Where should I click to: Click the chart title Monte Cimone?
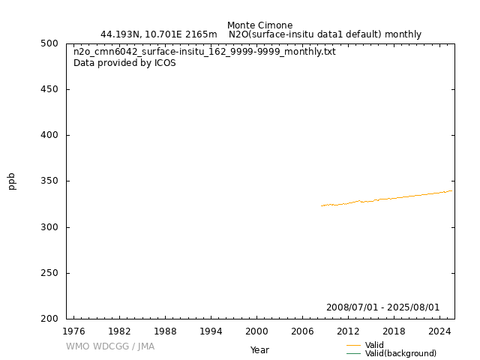[259, 25]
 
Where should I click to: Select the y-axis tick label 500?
[50, 43]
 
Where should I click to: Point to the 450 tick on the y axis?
[50, 89]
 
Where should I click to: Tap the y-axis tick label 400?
[50, 135]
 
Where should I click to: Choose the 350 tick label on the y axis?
[50, 181]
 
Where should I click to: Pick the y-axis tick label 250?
[50, 273]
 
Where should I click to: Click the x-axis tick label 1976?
[73, 331]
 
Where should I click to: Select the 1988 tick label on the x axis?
[165, 331]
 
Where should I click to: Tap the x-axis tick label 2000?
[256, 331]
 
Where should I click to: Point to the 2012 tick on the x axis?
[348, 331]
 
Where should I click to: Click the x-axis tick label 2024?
[439, 331]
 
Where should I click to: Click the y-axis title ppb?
[12, 181]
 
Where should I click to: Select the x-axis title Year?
[259, 350]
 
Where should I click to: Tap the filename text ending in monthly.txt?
[205, 52]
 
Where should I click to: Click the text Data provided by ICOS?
[124, 63]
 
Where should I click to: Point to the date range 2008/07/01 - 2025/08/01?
[382, 307]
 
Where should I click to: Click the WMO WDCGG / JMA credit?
[110, 346]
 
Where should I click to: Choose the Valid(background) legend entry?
[400, 353]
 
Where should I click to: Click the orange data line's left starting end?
[322, 205]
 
